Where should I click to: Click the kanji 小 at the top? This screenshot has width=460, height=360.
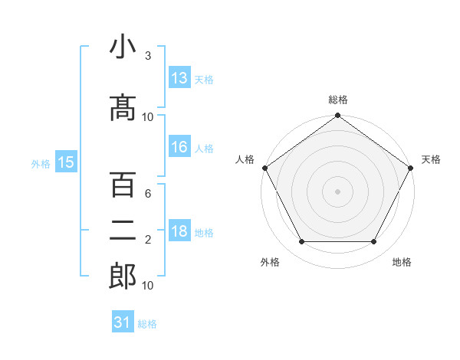(x=123, y=47)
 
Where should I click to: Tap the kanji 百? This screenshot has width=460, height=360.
(x=123, y=185)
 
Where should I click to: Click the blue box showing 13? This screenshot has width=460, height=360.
(x=179, y=78)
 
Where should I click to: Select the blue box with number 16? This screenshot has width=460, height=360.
(x=179, y=148)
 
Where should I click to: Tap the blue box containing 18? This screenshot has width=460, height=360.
(x=179, y=232)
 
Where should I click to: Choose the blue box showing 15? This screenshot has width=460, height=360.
(x=65, y=162)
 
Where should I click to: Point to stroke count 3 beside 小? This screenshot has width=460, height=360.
(x=148, y=56)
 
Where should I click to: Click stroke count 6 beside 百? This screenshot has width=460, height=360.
(x=148, y=195)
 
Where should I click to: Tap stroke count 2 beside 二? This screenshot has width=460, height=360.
(x=148, y=240)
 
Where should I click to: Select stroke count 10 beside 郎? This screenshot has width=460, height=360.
(x=148, y=285)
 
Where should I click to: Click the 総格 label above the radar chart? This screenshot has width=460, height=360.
(x=338, y=100)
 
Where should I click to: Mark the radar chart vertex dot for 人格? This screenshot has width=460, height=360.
(x=264, y=167)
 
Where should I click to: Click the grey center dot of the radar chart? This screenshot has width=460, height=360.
(x=338, y=191)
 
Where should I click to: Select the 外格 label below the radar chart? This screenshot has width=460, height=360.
(x=270, y=262)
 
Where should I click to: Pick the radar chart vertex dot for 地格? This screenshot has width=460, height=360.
(x=374, y=242)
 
